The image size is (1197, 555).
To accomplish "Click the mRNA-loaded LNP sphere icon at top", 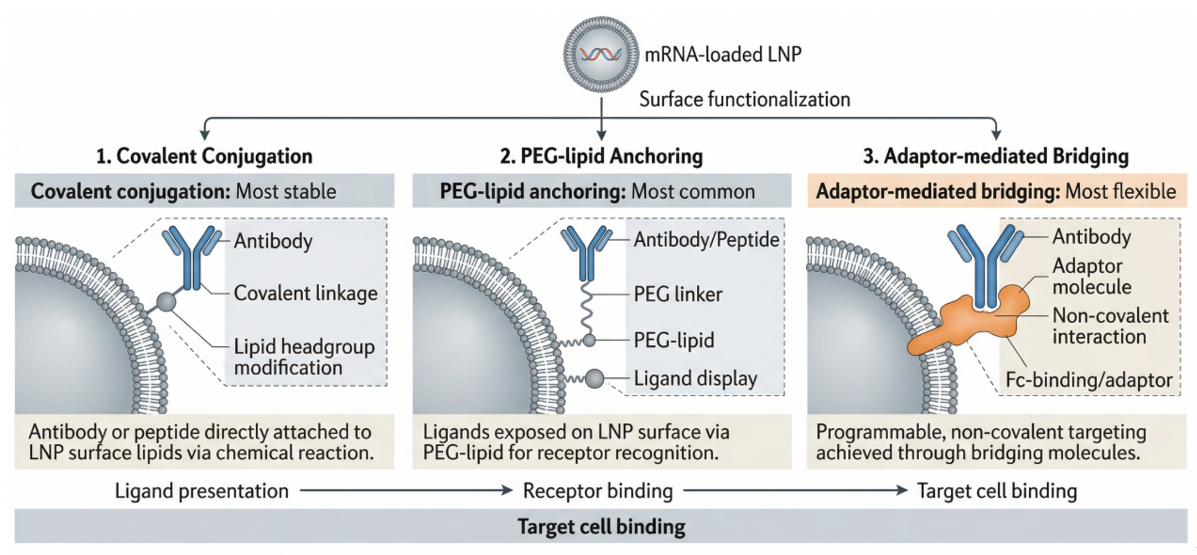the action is (x=601, y=54).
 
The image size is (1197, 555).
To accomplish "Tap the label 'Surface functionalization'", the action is (x=744, y=100).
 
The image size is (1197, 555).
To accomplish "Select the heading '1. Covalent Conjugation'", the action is (x=204, y=156).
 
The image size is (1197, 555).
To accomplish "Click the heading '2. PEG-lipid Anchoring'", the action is (x=602, y=156).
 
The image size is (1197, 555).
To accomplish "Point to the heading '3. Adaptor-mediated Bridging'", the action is (x=996, y=156).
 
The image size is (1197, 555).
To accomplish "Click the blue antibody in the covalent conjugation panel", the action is (x=191, y=256).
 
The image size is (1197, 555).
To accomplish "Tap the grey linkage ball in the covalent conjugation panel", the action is (x=166, y=302).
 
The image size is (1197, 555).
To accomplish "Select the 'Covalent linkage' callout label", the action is (x=305, y=293).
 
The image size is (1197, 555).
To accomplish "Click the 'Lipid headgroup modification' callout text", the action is (x=304, y=357).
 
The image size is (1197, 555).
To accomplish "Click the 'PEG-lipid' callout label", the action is (x=674, y=340).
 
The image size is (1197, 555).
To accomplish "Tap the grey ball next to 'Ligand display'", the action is (x=594, y=378).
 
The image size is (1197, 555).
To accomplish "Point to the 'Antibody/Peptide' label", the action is (x=706, y=240).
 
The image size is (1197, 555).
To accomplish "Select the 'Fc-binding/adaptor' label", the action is (x=1089, y=380).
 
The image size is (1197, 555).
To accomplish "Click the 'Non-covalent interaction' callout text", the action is (x=1110, y=326).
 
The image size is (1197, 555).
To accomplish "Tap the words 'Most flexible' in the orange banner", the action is (x=1121, y=191).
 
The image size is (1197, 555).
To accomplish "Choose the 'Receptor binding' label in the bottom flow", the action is (x=598, y=491).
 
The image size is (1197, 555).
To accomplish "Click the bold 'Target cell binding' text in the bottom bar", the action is (x=602, y=527).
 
